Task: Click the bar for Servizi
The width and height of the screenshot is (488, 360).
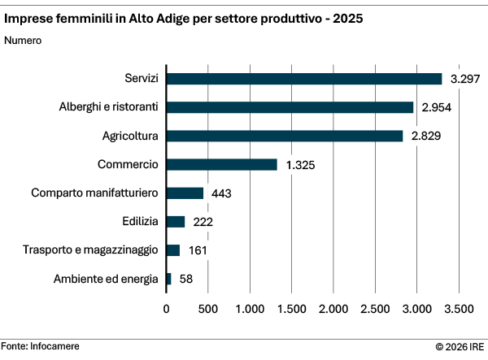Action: click(303, 79)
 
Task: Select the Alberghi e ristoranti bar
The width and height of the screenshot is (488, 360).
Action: click(290, 107)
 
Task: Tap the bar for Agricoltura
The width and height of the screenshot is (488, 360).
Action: click(284, 136)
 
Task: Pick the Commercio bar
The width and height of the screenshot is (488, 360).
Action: click(221, 164)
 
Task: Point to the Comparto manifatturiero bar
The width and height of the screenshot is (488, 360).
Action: click(185, 193)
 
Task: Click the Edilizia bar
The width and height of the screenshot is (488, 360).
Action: click(176, 222)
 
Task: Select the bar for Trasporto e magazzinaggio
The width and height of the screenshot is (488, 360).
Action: click(173, 250)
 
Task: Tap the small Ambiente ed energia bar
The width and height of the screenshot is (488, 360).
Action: click(169, 279)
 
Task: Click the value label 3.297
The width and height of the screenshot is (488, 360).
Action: click(466, 79)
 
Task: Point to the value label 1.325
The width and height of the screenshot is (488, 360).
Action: click(300, 165)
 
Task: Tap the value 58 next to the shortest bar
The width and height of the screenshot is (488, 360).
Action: click(186, 280)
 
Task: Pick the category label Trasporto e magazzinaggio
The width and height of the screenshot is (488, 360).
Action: click(90, 250)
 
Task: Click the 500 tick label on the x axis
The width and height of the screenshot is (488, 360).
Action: click(208, 309)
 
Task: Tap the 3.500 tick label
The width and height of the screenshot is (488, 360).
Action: click(459, 309)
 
